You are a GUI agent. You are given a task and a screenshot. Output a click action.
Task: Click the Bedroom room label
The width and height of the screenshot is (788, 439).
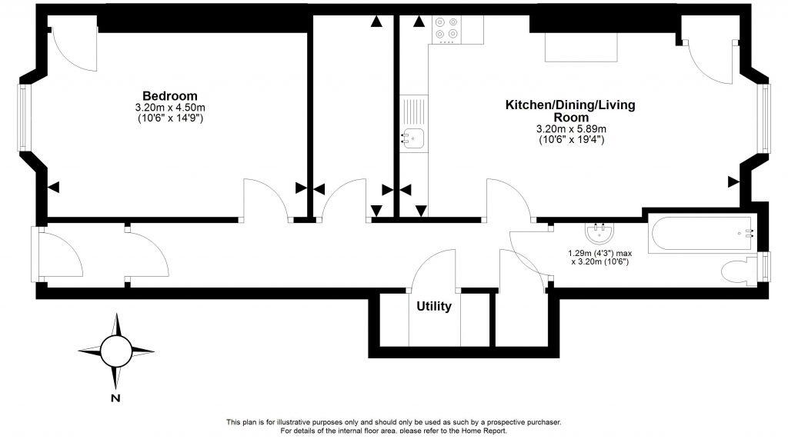coord(164,95)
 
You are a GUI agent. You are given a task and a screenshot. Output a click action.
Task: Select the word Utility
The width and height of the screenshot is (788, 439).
coord(434,307)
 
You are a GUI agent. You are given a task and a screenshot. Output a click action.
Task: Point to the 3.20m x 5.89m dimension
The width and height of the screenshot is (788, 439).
coord(571,128)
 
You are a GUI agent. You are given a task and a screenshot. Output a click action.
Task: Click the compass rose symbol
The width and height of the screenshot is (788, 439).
coord(116,351)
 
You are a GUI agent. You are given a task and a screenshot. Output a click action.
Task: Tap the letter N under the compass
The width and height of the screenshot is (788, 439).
coord(115,398)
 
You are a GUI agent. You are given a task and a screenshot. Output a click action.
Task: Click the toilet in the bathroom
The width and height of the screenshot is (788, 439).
coord(741,271)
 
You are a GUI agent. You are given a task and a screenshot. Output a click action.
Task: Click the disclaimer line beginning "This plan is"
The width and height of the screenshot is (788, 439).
coord(393,422)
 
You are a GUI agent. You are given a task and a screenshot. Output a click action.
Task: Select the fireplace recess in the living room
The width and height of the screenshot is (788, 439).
coord(581,48)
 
